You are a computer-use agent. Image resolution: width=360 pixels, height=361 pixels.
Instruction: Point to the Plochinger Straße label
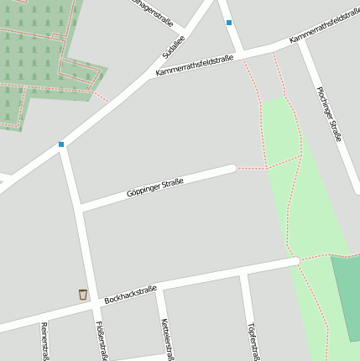tap(329, 114)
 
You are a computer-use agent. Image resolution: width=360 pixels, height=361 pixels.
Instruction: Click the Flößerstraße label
tap(102, 340)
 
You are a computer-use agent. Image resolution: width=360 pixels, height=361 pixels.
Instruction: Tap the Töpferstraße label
tap(252, 341)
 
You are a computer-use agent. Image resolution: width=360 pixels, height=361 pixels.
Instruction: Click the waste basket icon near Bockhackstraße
tap(82, 295)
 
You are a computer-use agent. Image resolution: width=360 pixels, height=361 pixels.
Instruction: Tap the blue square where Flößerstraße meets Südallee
tap(61, 144)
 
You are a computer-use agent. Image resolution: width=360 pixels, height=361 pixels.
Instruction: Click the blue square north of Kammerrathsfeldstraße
tap(228, 23)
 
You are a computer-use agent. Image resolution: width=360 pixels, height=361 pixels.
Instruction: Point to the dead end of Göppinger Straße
tap(232, 170)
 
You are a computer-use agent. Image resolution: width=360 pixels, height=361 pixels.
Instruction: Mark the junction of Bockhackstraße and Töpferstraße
tap(243, 274)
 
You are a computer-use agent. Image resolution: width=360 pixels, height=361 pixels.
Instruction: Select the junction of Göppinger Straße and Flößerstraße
tap(81, 207)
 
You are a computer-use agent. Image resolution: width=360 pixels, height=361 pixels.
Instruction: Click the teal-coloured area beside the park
tap(346, 298)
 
